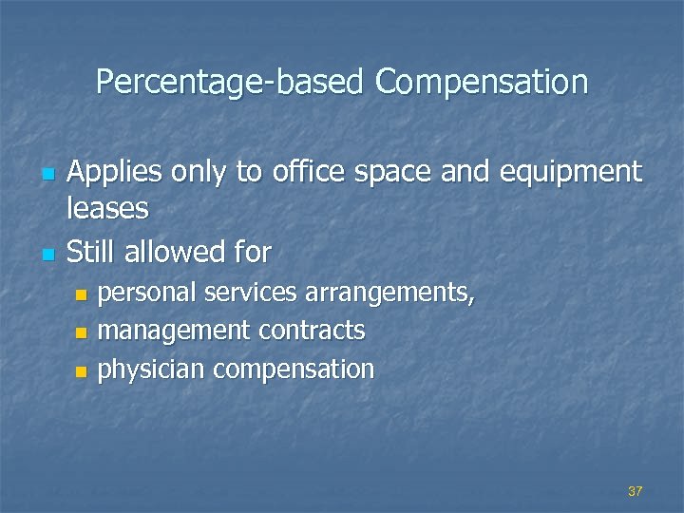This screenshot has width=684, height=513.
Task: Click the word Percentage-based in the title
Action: coord(231,83)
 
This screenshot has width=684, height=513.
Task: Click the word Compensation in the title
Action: coord(482,83)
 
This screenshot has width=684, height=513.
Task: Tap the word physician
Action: coord(152,369)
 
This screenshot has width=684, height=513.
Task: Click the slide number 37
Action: coord(636,491)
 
